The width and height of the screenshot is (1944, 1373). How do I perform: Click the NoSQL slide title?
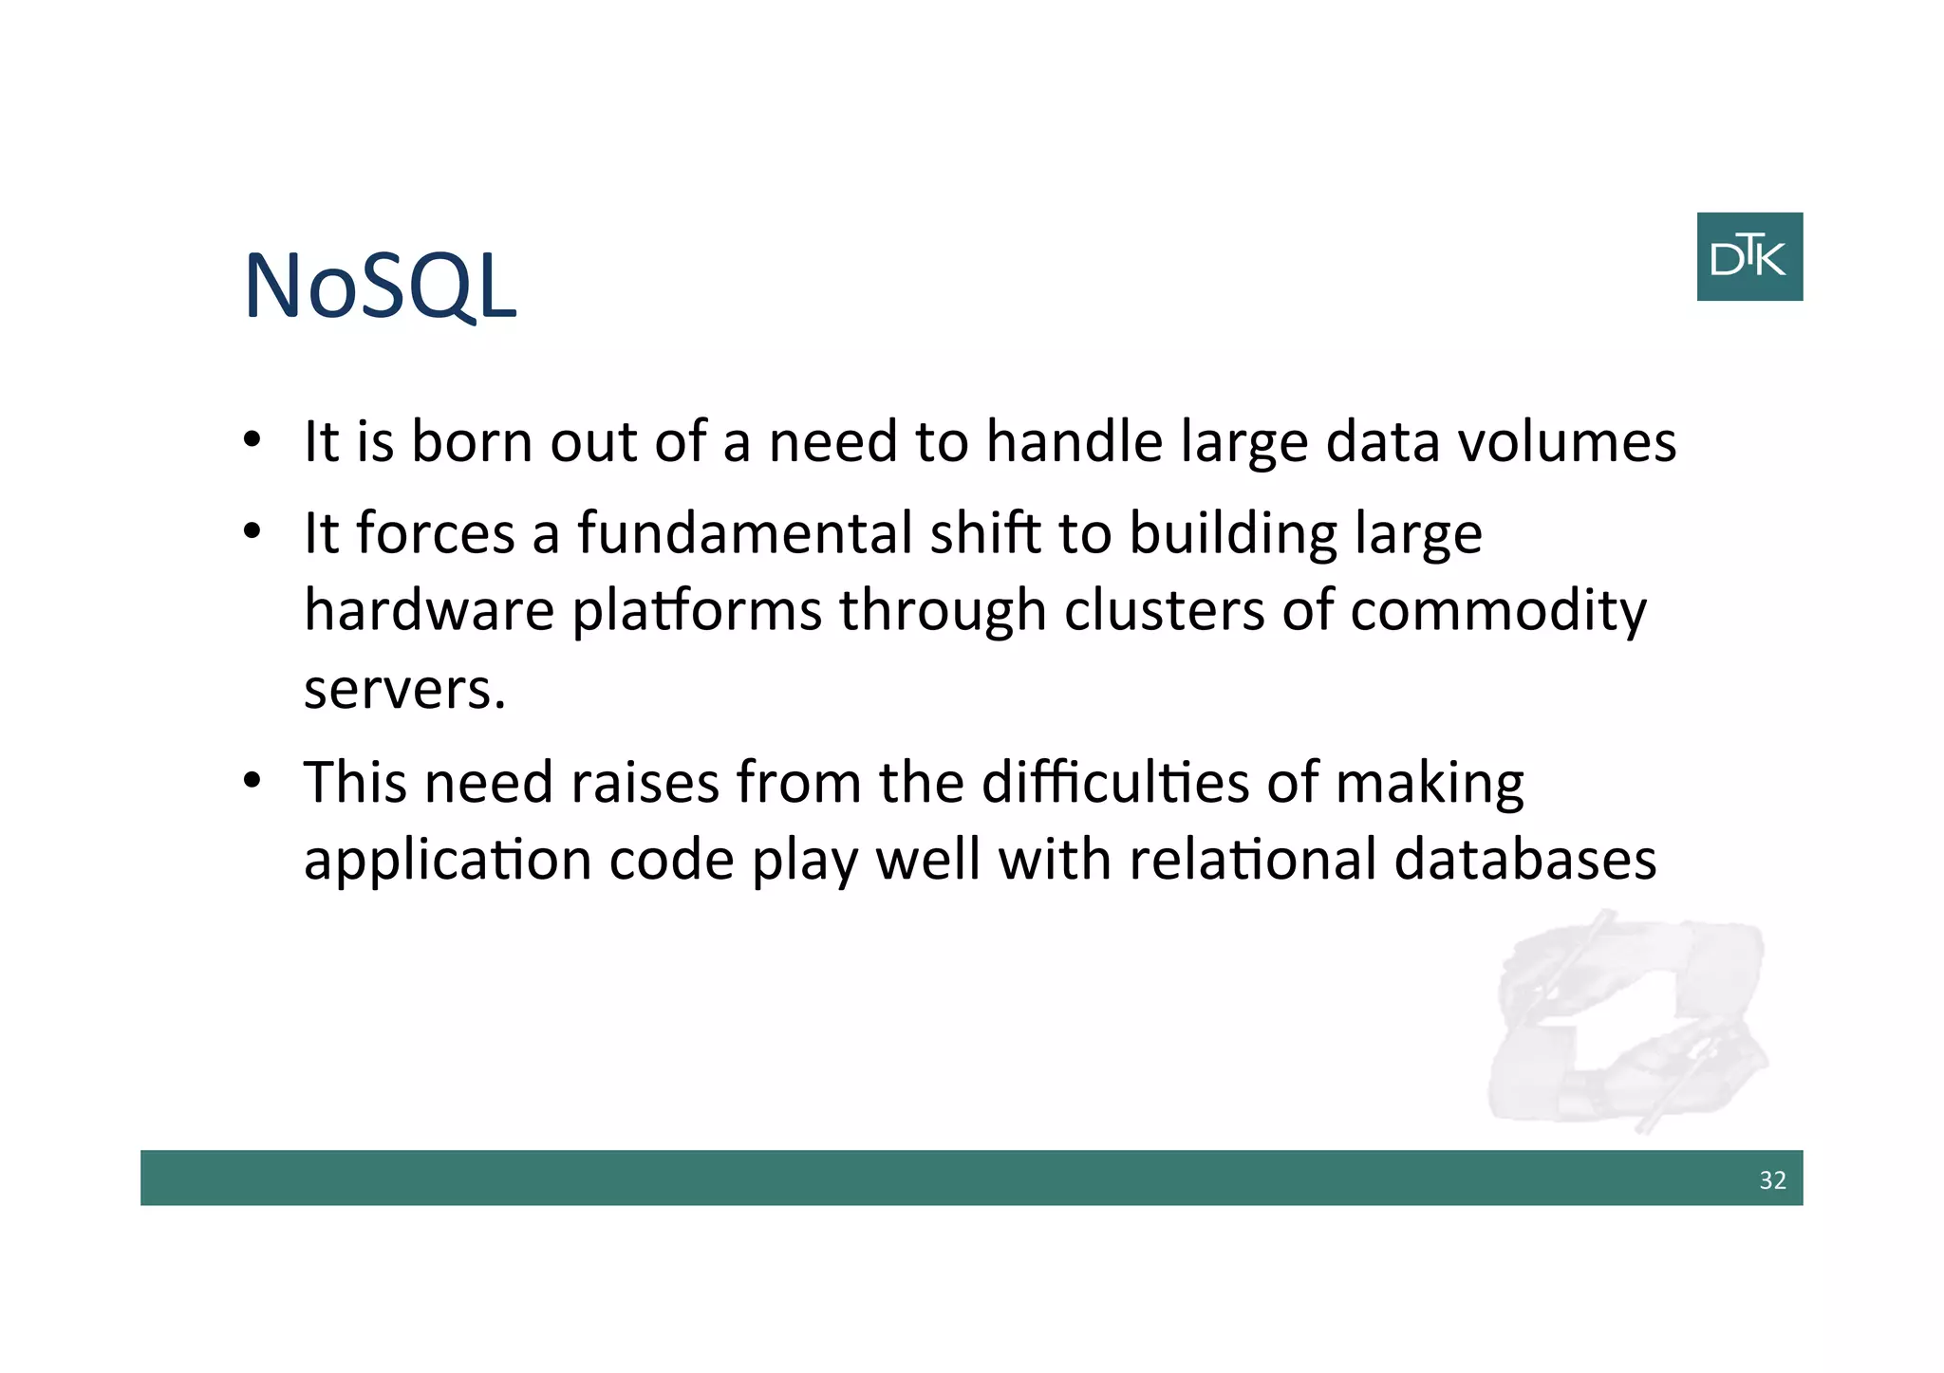tap(380, 286)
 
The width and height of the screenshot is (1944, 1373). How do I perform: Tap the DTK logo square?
tap(1748, 256)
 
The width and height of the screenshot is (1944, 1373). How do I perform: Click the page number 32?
tap(1772, 1179)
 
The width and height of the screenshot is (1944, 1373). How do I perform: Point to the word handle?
tap(1074, 442)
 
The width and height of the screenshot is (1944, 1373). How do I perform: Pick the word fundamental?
tap(745, 533)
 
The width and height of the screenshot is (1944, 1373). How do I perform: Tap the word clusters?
tap(1164, 610)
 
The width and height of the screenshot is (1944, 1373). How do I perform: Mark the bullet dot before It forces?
tap(252, 532)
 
